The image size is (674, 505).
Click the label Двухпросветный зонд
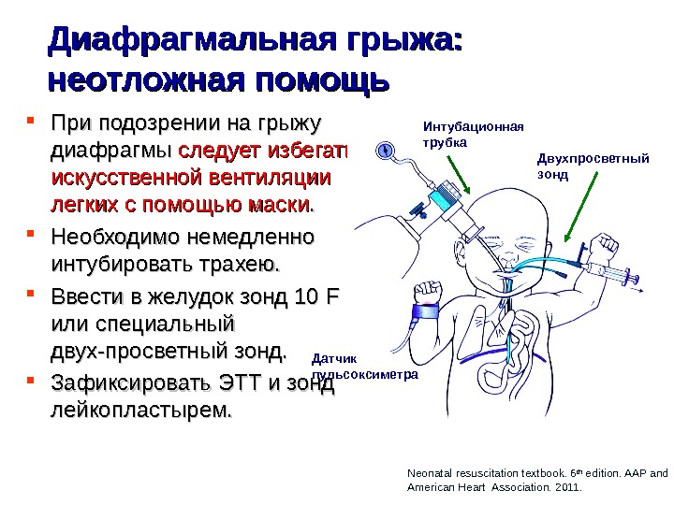593,166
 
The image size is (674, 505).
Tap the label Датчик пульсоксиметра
362,366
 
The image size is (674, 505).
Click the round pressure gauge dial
386,149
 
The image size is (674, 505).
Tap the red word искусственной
125,177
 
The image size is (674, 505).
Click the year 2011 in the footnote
566,487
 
